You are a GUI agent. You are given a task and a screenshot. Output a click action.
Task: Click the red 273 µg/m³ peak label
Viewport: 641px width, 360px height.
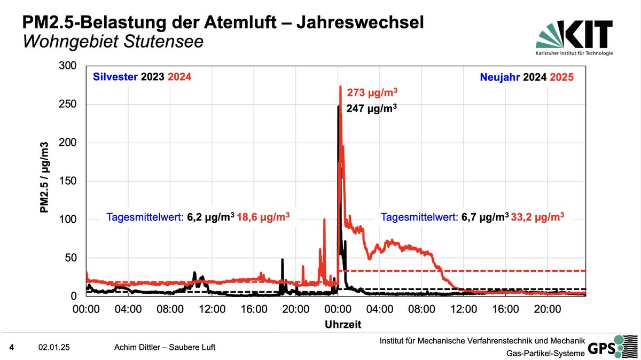coord(372,92)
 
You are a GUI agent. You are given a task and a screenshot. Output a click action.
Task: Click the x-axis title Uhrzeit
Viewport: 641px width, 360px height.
coord(343,324)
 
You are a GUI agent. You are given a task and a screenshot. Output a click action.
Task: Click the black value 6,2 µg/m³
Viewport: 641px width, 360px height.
coord(210,217)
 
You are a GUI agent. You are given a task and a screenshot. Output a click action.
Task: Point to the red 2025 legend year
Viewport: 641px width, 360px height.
coord(563,77)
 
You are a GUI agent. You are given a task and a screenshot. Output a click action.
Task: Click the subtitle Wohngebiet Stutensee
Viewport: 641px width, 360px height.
coord(113,42)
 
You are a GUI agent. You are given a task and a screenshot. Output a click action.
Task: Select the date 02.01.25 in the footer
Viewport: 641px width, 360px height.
coord(54,348)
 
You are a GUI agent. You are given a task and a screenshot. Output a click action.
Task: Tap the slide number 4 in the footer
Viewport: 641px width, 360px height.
coord(12,348)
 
